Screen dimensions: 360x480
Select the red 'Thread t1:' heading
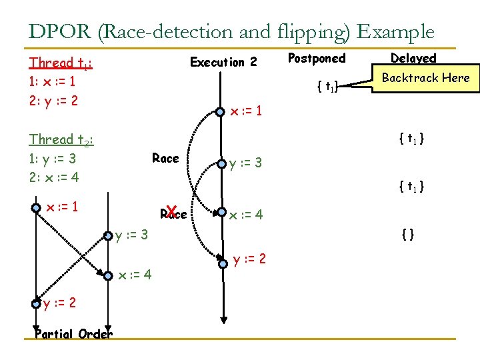point(60,63)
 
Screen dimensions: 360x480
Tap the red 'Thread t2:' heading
point(61,140)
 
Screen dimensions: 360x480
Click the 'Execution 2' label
point(223,63)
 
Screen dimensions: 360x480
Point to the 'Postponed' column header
point(317,59)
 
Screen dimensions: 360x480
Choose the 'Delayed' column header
point(413,59)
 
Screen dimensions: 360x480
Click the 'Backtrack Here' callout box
point(425,78)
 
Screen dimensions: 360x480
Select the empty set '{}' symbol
point(406,234)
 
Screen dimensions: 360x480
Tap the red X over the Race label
point(171,212)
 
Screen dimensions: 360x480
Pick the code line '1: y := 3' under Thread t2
point(53,159)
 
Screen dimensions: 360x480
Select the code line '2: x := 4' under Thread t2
point(53,178)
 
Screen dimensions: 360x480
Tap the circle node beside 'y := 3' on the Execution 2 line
point(221,163)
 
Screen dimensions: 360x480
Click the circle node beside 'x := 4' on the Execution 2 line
point(221,213)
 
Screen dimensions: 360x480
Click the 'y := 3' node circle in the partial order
point(107,235)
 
